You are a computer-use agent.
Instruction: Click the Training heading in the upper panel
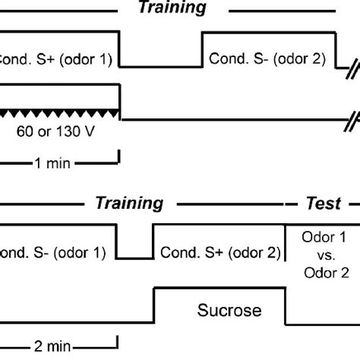pos(172,8)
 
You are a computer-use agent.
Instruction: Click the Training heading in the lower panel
pos(129,204)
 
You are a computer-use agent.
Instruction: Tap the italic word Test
pos(323,204)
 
